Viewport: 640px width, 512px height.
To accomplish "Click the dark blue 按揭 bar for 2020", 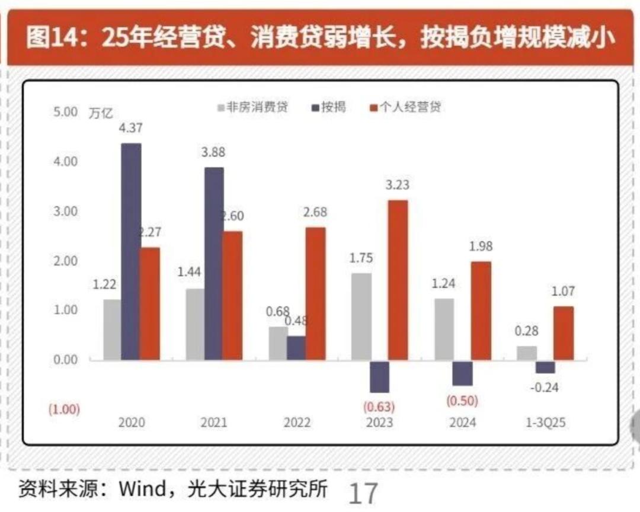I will pos(131,251).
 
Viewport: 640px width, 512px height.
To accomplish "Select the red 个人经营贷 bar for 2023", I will pos(398,280).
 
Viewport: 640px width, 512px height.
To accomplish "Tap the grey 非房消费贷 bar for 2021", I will pos(195,324).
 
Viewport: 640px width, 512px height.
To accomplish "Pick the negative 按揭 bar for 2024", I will pos(462,373).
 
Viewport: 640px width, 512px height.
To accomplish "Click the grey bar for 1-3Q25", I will pos(527,353).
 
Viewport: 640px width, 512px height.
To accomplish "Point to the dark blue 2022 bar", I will pos(296,348).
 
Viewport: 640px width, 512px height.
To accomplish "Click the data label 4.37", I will pos(130,127).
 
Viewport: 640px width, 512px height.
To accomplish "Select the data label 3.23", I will pos(397,185).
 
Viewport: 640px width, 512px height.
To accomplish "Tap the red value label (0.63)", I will pos(380,407).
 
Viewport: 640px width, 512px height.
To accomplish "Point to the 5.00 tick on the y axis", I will pos(66,111).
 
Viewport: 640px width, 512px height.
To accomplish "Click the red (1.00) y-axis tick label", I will pos(65,409).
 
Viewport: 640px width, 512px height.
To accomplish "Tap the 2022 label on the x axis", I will pos(297,424).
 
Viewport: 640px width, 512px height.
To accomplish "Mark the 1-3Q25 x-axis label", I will pos(546,424).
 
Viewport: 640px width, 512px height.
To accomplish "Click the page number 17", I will pos(363,494).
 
